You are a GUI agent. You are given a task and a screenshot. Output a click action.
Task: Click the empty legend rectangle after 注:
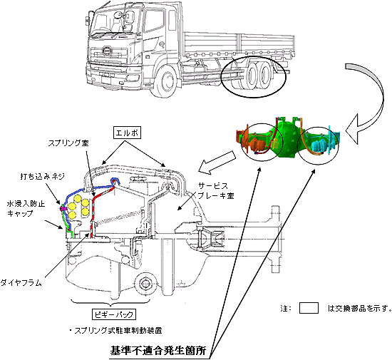coord(309,309)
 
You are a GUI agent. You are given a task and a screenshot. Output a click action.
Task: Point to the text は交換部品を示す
coord(359,309)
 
